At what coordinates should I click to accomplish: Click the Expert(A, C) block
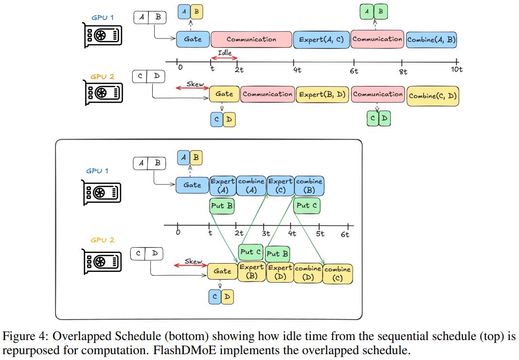click(321, 39)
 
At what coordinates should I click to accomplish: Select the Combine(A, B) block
click(431, 39)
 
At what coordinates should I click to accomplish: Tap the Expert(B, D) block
click(322, 94)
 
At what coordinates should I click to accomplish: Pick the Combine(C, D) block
click(432, 95)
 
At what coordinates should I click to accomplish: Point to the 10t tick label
click(456, 70)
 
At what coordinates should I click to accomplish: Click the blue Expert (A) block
click(222, 185)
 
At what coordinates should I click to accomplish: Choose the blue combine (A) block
click(251, 185)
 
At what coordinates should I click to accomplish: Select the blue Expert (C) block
click(280, 185)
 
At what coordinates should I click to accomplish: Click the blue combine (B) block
click(309, 185)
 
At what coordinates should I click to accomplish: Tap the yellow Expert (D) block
click(280, 272)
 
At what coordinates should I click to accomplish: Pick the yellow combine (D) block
click(308, 272)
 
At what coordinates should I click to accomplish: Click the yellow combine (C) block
click(338, 273)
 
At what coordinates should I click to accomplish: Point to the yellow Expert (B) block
click(251, 272)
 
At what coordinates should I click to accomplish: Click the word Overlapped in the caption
click(75, 336)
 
